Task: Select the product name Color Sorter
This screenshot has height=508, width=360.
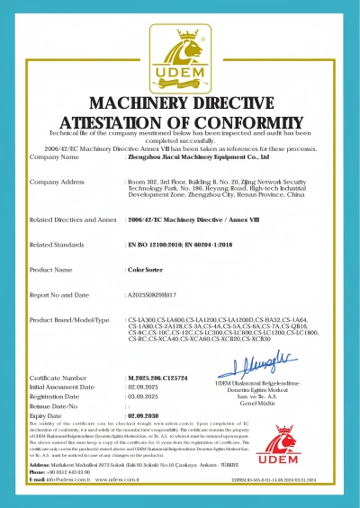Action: click(143, 269)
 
